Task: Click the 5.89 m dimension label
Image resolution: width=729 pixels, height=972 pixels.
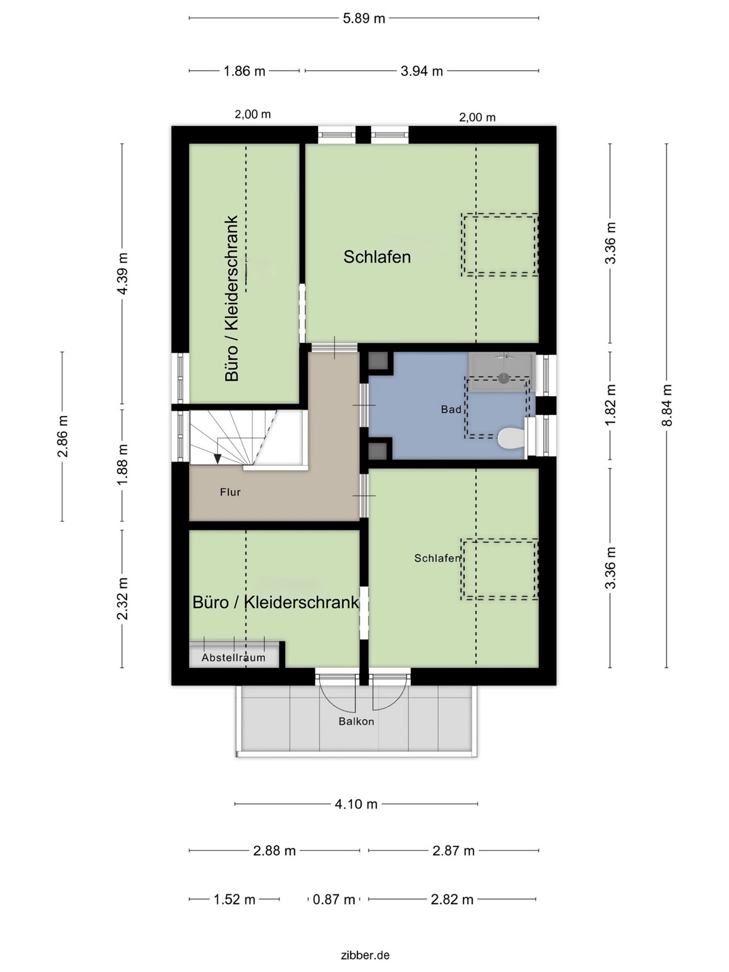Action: (x=364, y=19)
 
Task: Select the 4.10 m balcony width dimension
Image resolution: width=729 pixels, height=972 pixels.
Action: (x=356, y=804)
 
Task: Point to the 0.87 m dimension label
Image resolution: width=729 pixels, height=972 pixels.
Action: (x=333, y=899)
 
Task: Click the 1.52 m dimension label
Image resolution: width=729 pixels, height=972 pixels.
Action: (x=234, y=899)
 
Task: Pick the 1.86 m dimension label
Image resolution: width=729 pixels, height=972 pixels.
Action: (x=244, y=71)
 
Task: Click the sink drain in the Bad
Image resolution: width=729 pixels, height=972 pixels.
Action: (x=503, y=378)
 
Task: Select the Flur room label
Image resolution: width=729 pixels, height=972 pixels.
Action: (x=230, y=492)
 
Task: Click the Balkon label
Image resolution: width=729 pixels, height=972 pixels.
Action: (x=356, y=721)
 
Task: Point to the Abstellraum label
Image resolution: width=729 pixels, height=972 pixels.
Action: (x=233, y=657)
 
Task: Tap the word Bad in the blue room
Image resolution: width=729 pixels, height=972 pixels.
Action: (x=451, y=409)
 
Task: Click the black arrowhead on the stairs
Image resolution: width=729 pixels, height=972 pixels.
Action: (x=217, y=458)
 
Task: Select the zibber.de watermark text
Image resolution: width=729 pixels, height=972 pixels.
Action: (x=365, y=955)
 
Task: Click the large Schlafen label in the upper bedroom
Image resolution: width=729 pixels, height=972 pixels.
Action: (x=377, y=256)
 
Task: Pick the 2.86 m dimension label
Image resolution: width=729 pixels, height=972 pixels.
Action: (x=63, y=436)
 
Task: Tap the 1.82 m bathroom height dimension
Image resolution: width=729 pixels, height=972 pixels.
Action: (x=611, y=405)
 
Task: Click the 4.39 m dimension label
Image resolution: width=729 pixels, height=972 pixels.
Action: (x=122, y=273)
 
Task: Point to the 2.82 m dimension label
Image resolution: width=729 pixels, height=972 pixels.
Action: (x=452, y=899)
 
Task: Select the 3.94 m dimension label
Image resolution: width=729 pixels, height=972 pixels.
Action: (x=422, y=71)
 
